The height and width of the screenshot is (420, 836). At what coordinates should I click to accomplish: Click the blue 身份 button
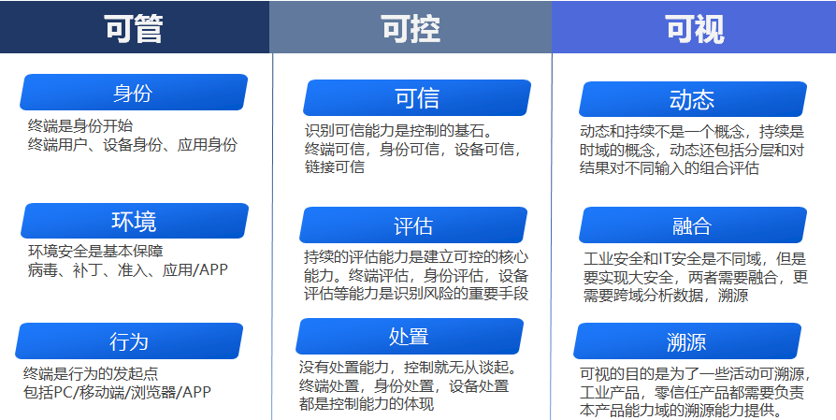[134, 93]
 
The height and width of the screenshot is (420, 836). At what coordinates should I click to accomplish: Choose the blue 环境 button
[135, 221]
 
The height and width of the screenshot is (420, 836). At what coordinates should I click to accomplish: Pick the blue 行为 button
[129, 341]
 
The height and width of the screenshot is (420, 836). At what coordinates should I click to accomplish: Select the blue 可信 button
[417, 98]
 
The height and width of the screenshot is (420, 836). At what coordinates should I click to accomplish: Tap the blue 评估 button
[413, 224]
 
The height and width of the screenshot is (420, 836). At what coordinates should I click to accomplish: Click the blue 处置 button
[410, 337]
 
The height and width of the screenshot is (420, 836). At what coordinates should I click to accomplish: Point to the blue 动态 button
[693, 99]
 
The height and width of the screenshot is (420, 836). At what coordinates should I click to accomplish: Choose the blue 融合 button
[693, 224]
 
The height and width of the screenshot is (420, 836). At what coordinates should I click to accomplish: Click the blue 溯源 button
[687, 341]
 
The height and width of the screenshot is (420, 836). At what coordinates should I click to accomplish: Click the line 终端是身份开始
[80, 126]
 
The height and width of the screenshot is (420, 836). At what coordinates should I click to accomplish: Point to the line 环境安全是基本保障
[95, 251]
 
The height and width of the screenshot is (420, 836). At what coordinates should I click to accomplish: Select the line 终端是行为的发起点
[91, 373]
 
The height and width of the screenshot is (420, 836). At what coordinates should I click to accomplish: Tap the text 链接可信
[335, 167]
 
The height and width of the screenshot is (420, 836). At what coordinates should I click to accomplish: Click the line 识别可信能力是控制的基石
[398, 131]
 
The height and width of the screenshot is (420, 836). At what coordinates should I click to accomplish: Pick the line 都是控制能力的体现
[367, 404]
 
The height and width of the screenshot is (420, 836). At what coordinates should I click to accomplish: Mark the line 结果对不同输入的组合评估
[670, 167]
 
